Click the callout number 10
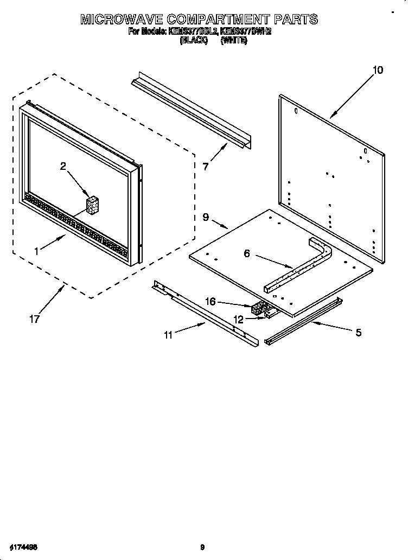coord(378,69)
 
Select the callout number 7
coord(206,167)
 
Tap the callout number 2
coord(63,167)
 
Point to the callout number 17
coord(34,319)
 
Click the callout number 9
coord(206,217)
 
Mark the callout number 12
coord(238,320)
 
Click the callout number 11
coord(168,335)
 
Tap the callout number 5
coord(358,333)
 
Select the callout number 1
coord(36,251)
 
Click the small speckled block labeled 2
coord(93,206)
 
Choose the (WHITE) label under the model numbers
coord(234,41)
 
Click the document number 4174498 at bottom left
coord(22,546)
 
